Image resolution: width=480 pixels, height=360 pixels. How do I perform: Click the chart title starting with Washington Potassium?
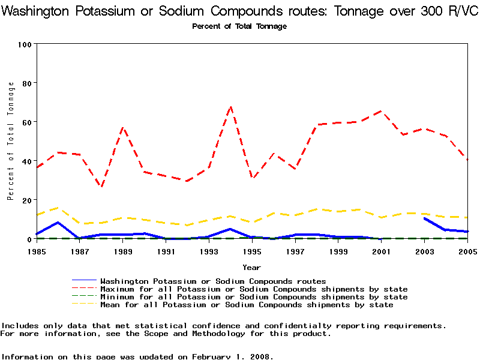coord(239,11)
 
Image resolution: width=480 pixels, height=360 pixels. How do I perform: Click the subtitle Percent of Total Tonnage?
coord(239,26)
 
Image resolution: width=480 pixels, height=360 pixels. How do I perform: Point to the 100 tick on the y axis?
coord(25,44)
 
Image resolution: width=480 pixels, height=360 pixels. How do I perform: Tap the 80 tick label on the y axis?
coord(27,83)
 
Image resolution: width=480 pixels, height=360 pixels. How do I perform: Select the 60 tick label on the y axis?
coord(27,122)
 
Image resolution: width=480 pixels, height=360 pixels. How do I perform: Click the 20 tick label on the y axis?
coord(27,200)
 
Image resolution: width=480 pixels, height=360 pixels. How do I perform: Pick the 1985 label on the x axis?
coord(37,251)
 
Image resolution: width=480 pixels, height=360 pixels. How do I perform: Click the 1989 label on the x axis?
coord(122,251)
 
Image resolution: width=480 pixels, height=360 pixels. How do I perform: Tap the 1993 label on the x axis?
coord(208,251)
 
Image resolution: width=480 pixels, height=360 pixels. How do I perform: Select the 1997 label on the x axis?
coord(295,251)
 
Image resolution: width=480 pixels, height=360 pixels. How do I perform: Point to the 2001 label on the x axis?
coord(381,251)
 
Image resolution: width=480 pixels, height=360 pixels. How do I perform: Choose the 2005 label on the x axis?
coord(467,251)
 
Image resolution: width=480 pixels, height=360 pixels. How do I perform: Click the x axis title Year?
coord(251,267)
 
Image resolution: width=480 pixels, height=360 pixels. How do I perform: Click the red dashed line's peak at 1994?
coord(230,107)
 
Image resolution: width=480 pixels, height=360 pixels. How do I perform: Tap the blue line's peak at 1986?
coord(58,223)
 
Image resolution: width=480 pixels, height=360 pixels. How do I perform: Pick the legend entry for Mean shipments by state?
coord(247,305)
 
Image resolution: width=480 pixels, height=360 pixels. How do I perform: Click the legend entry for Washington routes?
coord(213,281)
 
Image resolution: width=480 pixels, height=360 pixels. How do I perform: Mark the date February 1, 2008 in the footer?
coord(231,356)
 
